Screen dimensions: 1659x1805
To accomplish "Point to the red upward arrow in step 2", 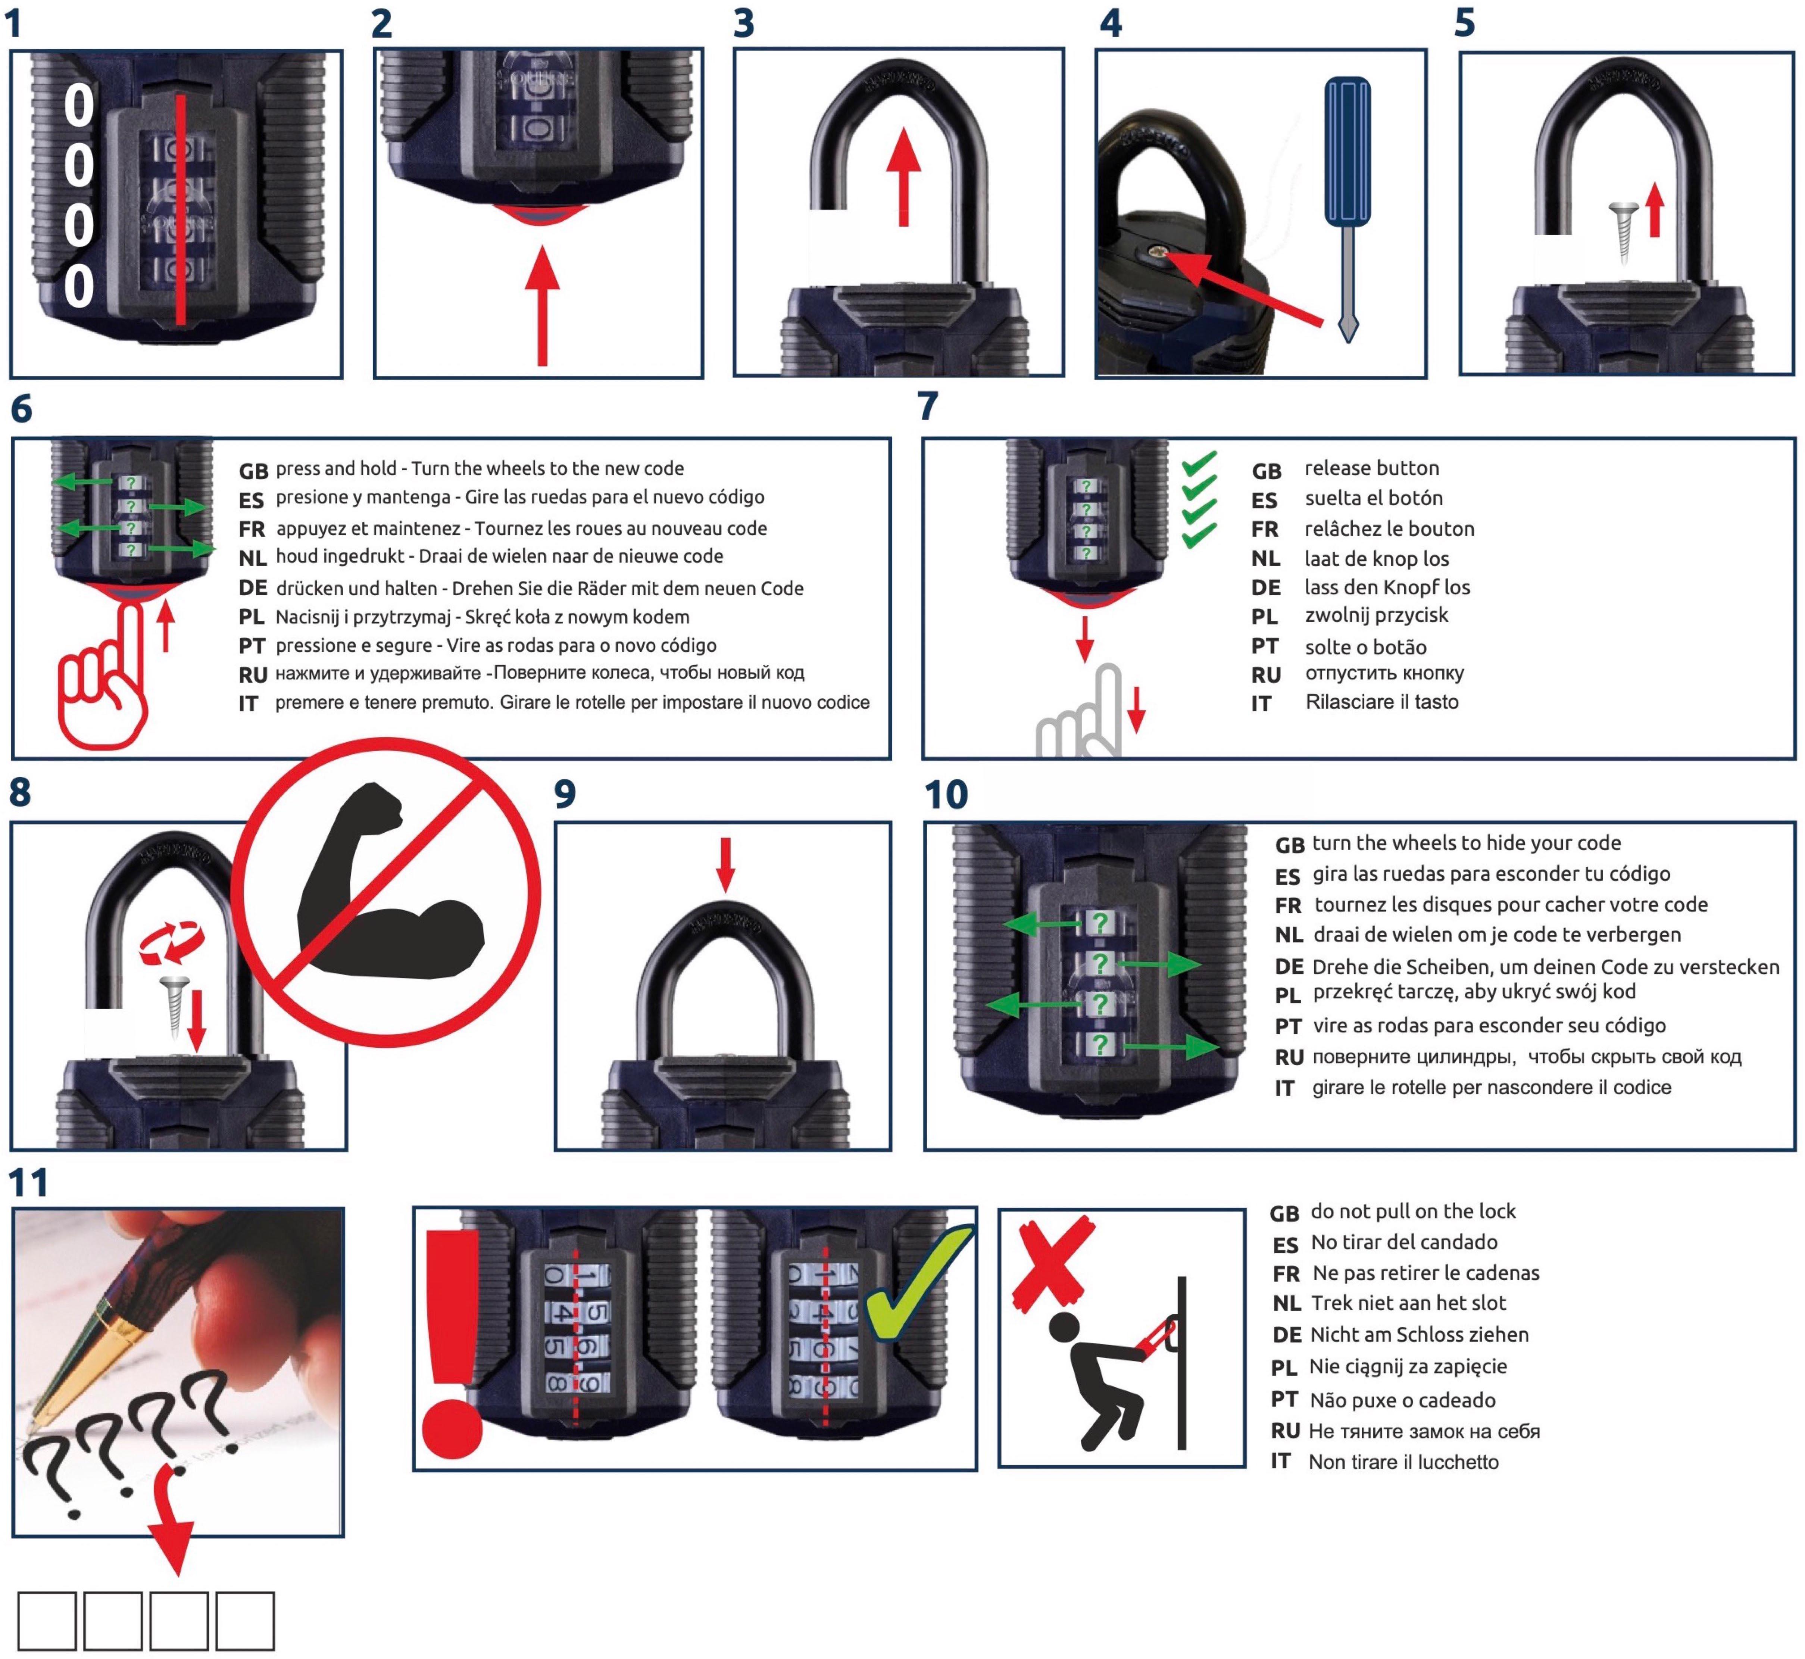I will [x=542, y=305].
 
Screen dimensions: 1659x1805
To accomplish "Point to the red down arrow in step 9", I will [x=725, y=864].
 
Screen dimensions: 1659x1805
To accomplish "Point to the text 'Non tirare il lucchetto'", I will [x=1403, y=1462].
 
